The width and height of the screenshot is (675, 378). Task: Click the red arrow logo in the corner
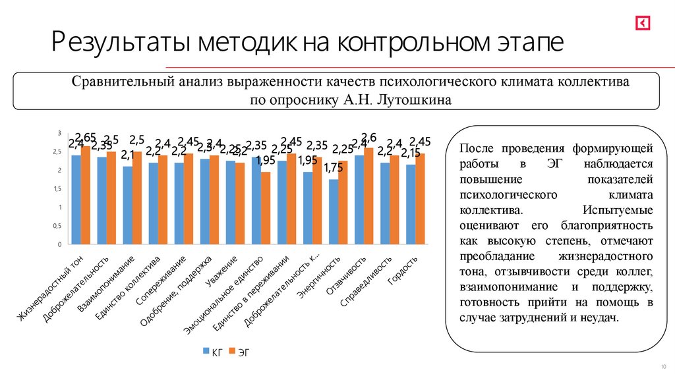click(642, 23)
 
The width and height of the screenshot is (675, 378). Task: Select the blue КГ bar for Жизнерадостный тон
click(76, 200)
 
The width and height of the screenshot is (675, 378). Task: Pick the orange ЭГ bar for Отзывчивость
click(368, 196)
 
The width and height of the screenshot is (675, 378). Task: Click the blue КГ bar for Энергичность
click(334, 211)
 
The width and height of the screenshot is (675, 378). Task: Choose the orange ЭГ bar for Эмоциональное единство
click(266, 207)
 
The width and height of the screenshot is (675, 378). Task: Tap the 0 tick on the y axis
click(59, 244)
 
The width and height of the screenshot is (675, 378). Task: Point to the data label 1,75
click(333, 169)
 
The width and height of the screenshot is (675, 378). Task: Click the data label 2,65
click(86, 137)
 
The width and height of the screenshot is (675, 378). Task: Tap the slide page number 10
click(662, 366)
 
